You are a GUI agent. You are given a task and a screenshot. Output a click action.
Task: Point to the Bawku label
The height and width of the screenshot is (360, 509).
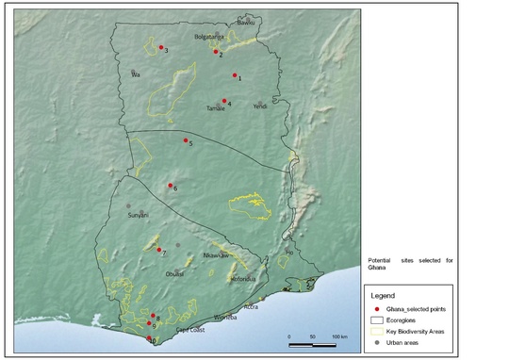coord(247,21)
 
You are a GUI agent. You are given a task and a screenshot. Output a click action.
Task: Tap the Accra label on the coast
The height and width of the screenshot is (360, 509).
coord(252,306)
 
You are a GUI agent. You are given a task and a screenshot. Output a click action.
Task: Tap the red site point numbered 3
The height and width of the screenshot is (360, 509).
coord(161,47)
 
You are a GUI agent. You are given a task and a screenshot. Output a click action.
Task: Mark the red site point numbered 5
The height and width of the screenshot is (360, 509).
coord(186,140)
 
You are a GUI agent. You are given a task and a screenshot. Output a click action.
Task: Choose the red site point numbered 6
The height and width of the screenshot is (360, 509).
coord(170,186)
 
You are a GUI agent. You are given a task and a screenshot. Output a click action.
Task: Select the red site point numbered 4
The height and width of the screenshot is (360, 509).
coord(224,101)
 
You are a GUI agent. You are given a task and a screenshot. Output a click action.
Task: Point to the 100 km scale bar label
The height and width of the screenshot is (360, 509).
coord(339,336)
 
